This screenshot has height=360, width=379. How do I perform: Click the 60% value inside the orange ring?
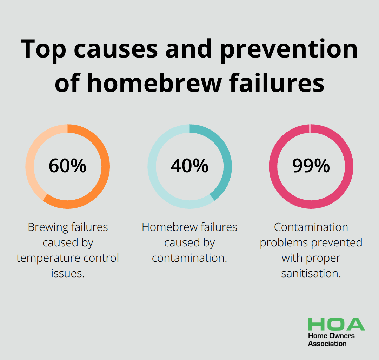point(67,166)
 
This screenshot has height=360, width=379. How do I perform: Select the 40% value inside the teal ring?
point(189,166)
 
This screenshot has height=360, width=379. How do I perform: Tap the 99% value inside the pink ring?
point(311,166)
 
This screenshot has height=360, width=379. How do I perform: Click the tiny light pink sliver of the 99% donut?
point(310,129)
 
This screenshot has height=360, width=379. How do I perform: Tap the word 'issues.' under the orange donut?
point(68,274)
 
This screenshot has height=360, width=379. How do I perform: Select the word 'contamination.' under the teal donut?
point(189,258)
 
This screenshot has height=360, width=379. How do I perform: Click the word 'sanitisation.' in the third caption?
point(311,274)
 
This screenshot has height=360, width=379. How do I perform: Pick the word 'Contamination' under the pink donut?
point(311,227)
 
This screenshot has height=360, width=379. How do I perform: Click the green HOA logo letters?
point(336,324)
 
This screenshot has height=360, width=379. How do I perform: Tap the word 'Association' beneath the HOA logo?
point(327,344)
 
